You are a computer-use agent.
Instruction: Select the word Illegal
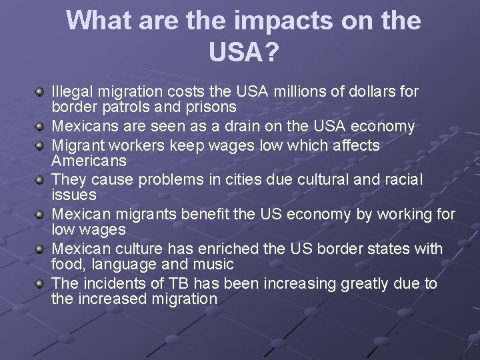coord(73,90)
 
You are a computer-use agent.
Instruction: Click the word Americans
coord(89,161)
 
